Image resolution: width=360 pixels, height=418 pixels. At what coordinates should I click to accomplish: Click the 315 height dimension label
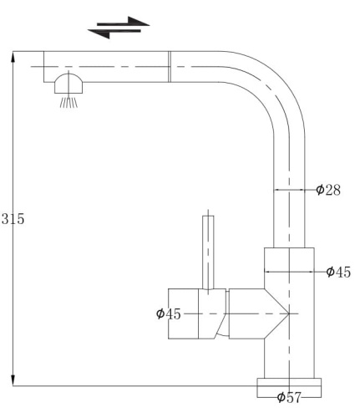(x=13, y=220)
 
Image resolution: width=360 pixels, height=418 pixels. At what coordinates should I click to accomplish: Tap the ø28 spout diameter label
(x=327, y=191)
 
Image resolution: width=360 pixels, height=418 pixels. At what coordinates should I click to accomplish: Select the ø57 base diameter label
(x=288, y=397)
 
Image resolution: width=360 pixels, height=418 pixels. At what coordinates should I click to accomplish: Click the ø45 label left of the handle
(x=169, y=313)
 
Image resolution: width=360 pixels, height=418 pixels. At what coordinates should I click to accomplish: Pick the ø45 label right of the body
(x=337, y=272)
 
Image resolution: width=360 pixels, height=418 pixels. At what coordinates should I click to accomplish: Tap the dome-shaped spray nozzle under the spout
(x=68, y=84)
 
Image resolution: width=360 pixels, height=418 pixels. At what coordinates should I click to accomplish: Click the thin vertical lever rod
(x=208, y=252)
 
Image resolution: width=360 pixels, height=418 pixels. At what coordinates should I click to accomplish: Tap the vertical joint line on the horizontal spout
(x=170, y=66)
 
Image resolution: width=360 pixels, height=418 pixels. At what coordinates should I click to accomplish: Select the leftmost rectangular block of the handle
(x=184, y=313)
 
